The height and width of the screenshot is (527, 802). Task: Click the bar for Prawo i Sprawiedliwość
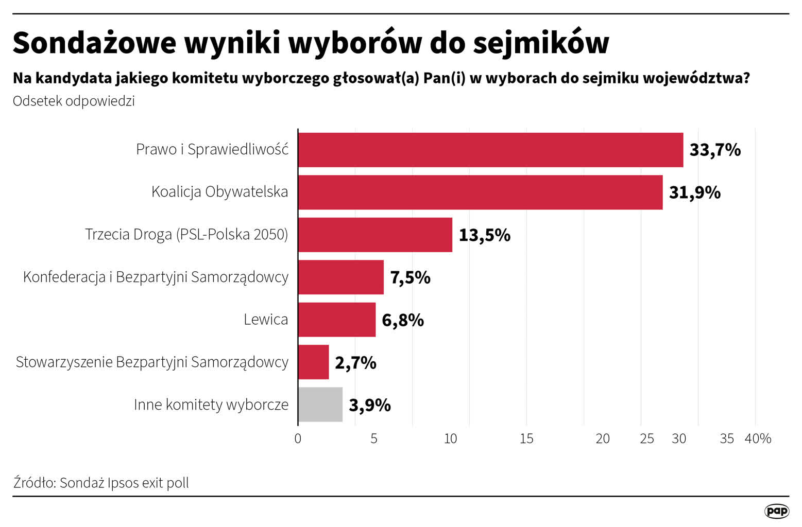(x=490, y=150)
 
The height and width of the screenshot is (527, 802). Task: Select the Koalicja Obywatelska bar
(x=480, y=192)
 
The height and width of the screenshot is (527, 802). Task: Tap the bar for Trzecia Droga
(x=375, y=235)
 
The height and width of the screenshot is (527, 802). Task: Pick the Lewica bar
(x=337, y=320)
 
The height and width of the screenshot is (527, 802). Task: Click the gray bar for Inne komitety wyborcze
(x=320, y=405)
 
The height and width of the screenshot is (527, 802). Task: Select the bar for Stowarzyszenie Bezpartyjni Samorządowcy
(x=313, y=362)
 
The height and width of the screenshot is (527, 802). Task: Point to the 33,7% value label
(x=715, y=150)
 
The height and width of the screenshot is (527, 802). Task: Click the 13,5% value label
(x=484, y=235)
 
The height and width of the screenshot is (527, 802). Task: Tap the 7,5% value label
(x=410, y=277)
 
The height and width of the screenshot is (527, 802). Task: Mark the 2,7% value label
(x=355, y=362)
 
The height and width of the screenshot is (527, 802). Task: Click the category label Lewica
(x=266, y=320)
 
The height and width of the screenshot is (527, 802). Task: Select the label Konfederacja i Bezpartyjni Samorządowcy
(x=156, y=277)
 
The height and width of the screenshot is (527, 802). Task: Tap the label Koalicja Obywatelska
(x=219, y=192)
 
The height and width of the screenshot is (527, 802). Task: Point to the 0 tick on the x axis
(x=298, y=438)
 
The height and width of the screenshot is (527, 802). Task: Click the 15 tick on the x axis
(x=526, y=438)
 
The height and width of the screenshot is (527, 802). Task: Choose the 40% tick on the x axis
(x=758, y=438)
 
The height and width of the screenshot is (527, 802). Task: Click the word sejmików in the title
(x=541, y=43)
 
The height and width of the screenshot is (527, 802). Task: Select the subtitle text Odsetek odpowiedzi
(x=74, y=101)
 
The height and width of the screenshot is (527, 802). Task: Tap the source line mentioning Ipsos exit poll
(x=101, y=483)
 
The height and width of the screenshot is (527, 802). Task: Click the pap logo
(x=777, y=511)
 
